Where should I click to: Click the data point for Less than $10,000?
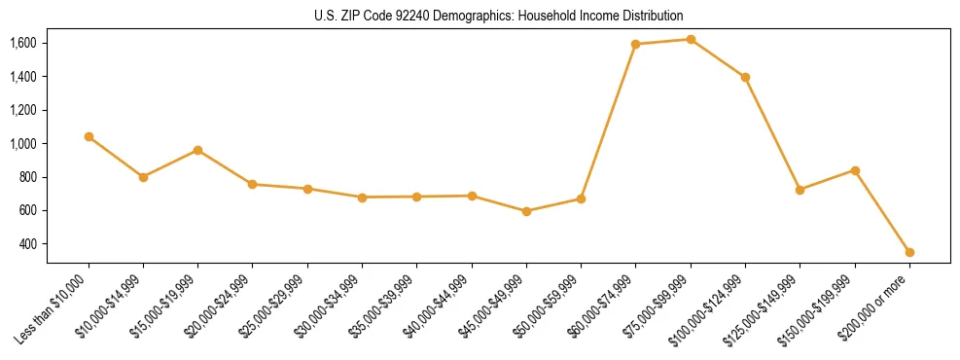89,137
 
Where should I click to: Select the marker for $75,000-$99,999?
691,40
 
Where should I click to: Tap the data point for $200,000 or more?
909,252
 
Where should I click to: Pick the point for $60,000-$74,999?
635,44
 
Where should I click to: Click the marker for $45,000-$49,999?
526,211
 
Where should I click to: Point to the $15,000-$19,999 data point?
197,150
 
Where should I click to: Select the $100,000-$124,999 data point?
745,77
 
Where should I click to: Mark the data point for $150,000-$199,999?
855,170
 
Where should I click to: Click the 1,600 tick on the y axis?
23,43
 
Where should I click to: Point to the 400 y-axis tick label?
28,244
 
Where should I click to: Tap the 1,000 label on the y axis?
23,144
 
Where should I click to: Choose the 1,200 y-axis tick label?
23,110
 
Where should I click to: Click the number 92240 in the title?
396,17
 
